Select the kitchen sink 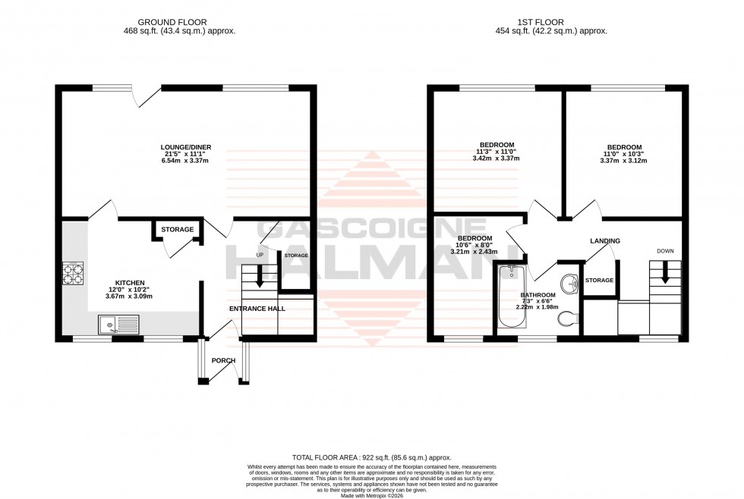click(x=116, y=326)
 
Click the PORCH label click(x=223, y=360)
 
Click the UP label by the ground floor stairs click(x=260, y=255)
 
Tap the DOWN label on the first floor click(x=665, y=251)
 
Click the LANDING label click(x=605, y=241)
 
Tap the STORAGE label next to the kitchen click(x=177, y=229)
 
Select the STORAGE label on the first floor click(x=599, y=281)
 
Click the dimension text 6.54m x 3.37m click(x=185, y=162)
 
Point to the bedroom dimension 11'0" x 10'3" click(x=624, y=155)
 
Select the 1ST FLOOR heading click(x=559, y=22)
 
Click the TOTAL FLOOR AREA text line click(x=372, y=457)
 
